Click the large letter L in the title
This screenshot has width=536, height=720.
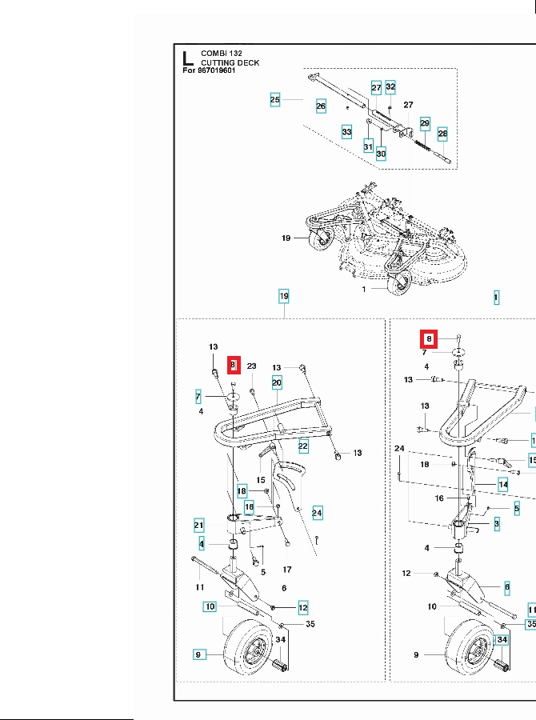coord(186,58)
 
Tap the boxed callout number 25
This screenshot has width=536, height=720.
coord(275,100)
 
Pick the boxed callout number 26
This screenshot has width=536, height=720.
coord(321,106)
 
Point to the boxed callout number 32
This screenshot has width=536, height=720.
coord(390,86)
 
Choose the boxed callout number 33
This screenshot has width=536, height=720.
coord(346,132)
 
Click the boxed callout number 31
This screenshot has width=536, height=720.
coord(368,146)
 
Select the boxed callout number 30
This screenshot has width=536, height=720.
coord(382,154)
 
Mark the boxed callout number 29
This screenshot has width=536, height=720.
coord(425,123)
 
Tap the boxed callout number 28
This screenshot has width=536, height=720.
coord(442,133)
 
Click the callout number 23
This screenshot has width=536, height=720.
coord(251,366)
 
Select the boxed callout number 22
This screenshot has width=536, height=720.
coord(303,445)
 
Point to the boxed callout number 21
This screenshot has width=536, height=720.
coord(199,526)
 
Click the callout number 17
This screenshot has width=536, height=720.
coord(287,570)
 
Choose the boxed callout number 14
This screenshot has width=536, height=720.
coord(503,484)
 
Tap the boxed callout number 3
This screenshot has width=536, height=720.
coord(496,524)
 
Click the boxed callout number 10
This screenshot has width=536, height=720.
coord(210,606)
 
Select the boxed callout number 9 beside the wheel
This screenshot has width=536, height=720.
coord(199,655)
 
